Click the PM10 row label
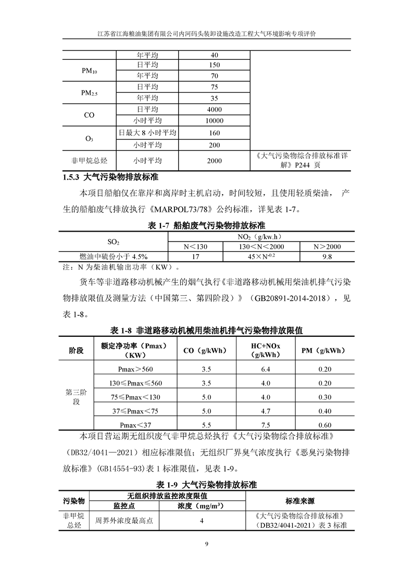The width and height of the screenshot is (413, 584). [89, 71]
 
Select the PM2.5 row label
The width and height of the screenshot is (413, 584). [89, 93]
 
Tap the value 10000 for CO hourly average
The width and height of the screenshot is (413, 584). [214, 120]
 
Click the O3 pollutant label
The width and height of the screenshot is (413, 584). [89, 139]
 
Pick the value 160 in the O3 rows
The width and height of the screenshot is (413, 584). [214, 133]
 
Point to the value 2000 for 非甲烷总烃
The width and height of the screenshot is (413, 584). [214, 161]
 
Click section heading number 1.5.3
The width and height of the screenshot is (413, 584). [71, 177]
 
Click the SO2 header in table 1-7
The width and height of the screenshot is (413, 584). [113, 241]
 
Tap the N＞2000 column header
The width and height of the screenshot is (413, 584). [327, 246]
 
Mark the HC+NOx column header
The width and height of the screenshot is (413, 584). [265, 350]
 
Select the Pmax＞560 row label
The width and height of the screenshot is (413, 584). [136, 369]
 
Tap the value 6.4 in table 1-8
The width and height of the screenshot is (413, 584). [265, 369]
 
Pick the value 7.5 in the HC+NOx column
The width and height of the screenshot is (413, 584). [265, 424]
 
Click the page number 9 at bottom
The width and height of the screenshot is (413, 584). [207, 544]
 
